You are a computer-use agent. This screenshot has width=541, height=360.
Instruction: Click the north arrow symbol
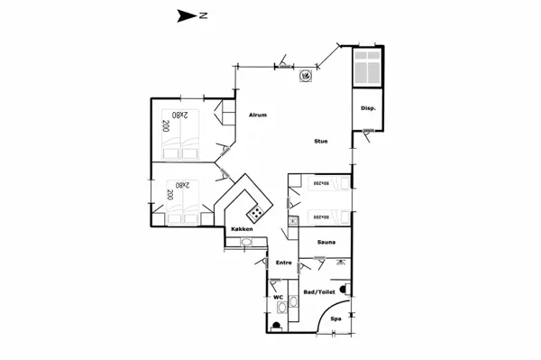coord(187,14)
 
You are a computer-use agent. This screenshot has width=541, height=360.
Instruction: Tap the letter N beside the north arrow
coord(205,14)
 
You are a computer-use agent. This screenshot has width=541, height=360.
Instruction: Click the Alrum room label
coord(258,115)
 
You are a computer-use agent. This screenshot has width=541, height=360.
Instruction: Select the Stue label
coord(320,142)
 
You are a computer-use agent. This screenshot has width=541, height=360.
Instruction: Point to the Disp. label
coord(368,108)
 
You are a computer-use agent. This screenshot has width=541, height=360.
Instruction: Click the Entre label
coord(283,263)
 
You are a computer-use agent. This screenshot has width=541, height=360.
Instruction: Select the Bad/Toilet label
coord(318,292)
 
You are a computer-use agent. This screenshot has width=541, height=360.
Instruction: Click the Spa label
coord(335,318)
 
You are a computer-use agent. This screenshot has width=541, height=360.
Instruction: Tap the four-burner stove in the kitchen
coord(257,214)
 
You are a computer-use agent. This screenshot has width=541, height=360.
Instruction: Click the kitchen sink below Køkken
coord(246,242)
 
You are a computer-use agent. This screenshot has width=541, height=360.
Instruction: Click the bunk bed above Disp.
coord(368,69)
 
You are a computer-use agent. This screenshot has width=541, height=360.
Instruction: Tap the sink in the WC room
coord(284,309)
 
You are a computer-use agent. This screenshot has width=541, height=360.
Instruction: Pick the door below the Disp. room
coord(368,133)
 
